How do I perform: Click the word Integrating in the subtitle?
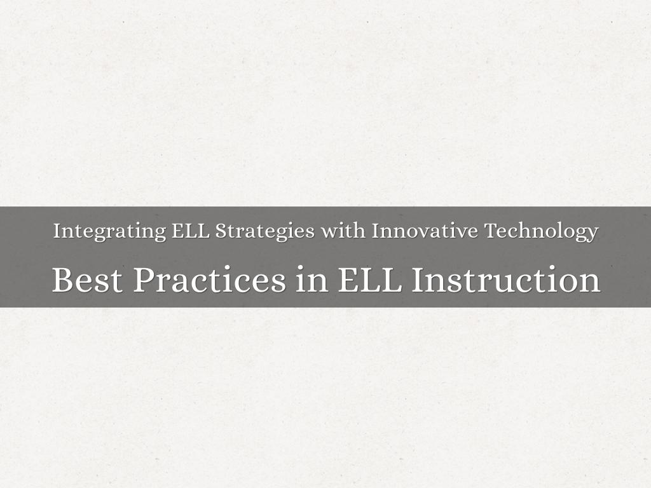tap(109, 231)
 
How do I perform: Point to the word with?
tap(343, 231)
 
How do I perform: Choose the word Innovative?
tap(425, 231)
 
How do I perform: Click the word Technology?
tap(542, 231)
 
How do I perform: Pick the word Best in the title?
tap(87, 280)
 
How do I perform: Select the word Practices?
tap(209, 280)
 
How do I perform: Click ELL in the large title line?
tap(370, 280)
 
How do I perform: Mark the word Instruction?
tap(505, 280)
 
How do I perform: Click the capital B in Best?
tap(62, 280)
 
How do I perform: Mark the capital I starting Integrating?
tap(57, 231)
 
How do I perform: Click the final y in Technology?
tap(592, 233)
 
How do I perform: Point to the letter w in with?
tap(329, 232)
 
